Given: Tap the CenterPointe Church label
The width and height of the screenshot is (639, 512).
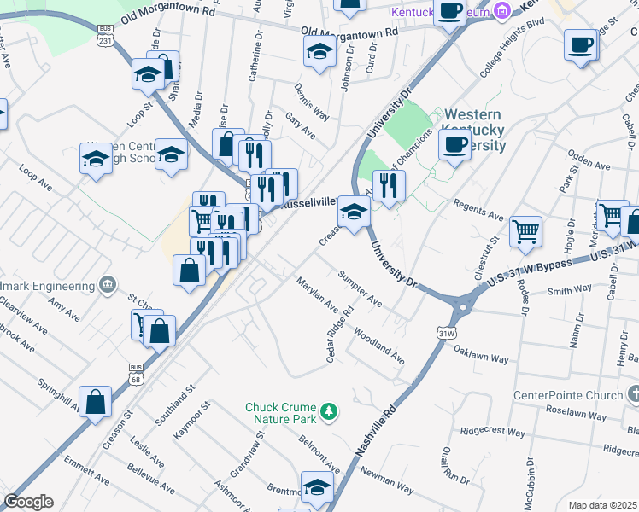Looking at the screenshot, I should click(x=566, y=395).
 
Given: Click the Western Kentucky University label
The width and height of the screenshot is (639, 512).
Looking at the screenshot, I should click(x=472, y=129).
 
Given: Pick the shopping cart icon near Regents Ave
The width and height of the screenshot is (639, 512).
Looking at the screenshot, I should click(x=525, y=230).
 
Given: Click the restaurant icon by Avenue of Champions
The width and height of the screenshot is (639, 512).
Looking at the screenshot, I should click(x=389, y=184).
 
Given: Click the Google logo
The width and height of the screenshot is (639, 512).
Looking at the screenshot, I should click(x=28, y=503).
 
